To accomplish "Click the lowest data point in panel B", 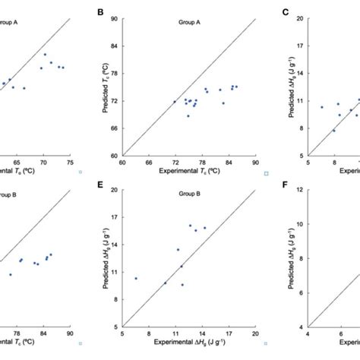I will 188,115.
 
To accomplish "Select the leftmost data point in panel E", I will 136,278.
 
